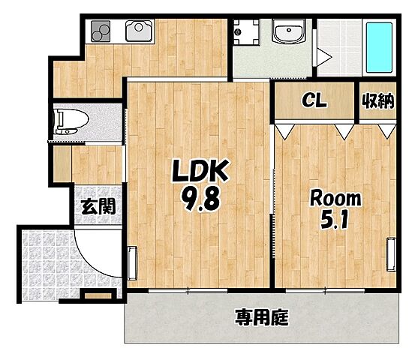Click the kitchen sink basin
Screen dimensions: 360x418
click(x=139, y=31)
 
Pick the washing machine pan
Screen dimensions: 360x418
click(x=246, y=34)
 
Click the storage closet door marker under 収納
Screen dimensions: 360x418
click(x=386, y=130)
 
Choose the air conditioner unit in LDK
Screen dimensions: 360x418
click(x=133, y=265)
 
